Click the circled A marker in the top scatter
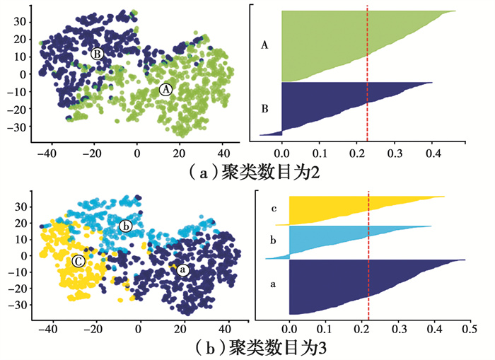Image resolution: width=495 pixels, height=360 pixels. [165, 90]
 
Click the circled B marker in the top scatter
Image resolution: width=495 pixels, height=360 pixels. [98, 53]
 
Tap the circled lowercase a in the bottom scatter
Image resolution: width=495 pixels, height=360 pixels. [182, 270]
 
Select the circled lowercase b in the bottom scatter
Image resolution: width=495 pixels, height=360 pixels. [126, 226]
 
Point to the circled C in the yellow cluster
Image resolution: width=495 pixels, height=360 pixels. [77, 261]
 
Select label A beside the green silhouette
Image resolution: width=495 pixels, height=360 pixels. [264, 45]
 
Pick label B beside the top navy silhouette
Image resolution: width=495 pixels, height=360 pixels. [264, 109]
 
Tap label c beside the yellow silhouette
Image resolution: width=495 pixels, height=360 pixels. [273, 209]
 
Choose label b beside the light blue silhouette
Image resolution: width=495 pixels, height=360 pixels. [273, 241]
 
